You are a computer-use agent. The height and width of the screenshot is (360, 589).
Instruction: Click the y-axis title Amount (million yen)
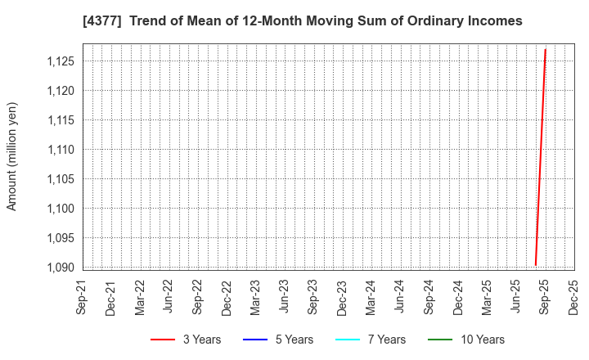pyautogui.click(x=12, y=156)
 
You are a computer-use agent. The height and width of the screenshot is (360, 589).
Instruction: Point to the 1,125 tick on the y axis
pyautogui.click(x=60, y=61)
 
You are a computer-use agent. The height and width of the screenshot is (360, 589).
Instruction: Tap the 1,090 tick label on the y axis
pyautogui.click(x=60, y=268)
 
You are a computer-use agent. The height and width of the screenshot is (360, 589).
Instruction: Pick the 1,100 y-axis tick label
pyautogui.click(x=60, y=209)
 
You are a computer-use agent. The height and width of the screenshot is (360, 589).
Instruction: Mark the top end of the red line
pyautogui.click(x=545, y=49)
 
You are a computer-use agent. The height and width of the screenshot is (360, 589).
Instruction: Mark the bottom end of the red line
pyautogui.click(x=535, y=265)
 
